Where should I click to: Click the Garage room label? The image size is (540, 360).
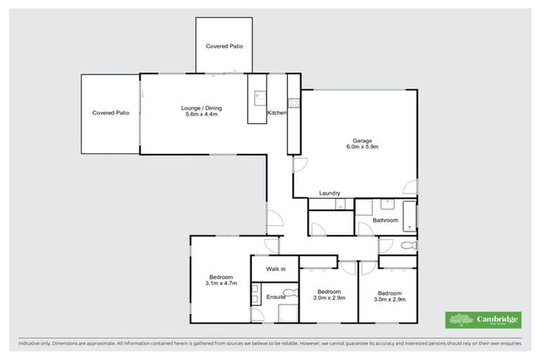point(363,140)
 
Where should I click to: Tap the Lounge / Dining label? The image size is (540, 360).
point(201,108)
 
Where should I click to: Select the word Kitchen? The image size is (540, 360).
point(276,113)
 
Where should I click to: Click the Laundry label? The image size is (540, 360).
point(330,193)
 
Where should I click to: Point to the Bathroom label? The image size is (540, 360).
point(385,220)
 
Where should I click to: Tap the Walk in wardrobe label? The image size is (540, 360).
point(276,269)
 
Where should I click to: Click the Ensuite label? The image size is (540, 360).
point(276,297)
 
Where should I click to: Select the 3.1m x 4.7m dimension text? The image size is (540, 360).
point(221,283)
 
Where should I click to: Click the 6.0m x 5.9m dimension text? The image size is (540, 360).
point(363,147)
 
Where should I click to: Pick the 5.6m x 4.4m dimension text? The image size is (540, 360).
point(201,115)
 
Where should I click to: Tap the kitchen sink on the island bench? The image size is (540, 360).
point(258,96)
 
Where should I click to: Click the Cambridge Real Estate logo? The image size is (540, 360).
point(482,320)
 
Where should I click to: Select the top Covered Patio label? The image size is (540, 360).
point(224,46)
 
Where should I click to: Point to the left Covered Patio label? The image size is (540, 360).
point(110,112)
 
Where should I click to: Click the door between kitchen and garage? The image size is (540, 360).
point(298,165)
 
